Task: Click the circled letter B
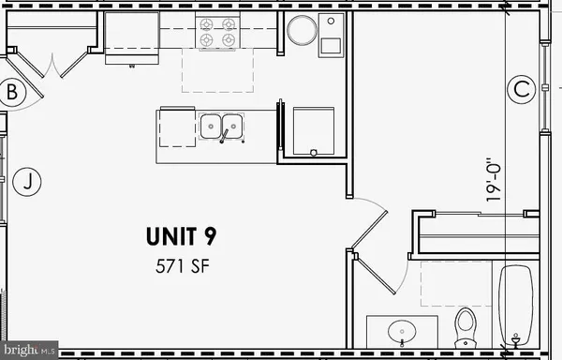[x=12, y=92]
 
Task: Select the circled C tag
[x=521, y=90]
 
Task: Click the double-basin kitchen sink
[x=222, y=126]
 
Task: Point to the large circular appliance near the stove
[x=303, y=31]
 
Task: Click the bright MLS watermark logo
[x=29, y=351]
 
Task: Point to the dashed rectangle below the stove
[x=217, y=71]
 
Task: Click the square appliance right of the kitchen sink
[x=314, y=130]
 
